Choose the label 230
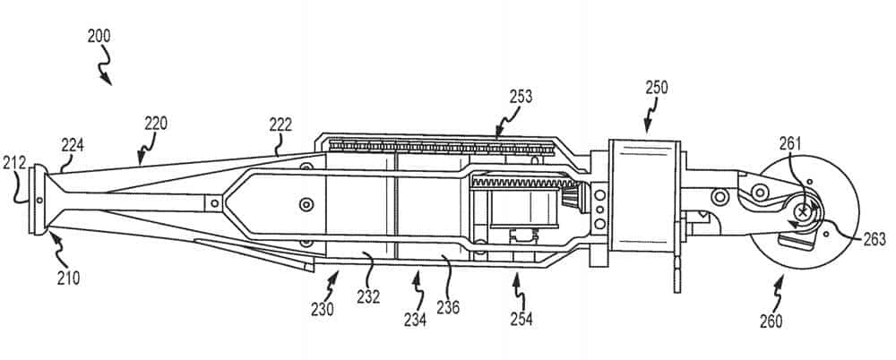[322, 310]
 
